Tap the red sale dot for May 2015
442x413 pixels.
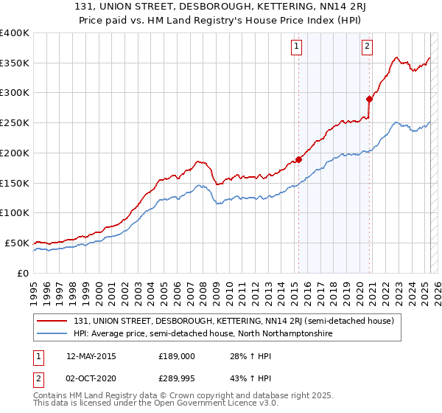coord(298,159)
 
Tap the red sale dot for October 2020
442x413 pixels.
coord(369,98)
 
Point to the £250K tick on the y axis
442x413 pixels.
coord(15,123)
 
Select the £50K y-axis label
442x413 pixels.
coord(17,243)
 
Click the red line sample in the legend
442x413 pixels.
coord(52,321)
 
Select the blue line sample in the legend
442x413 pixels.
coord(52,334)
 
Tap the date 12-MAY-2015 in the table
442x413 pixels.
coord(91,356)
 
